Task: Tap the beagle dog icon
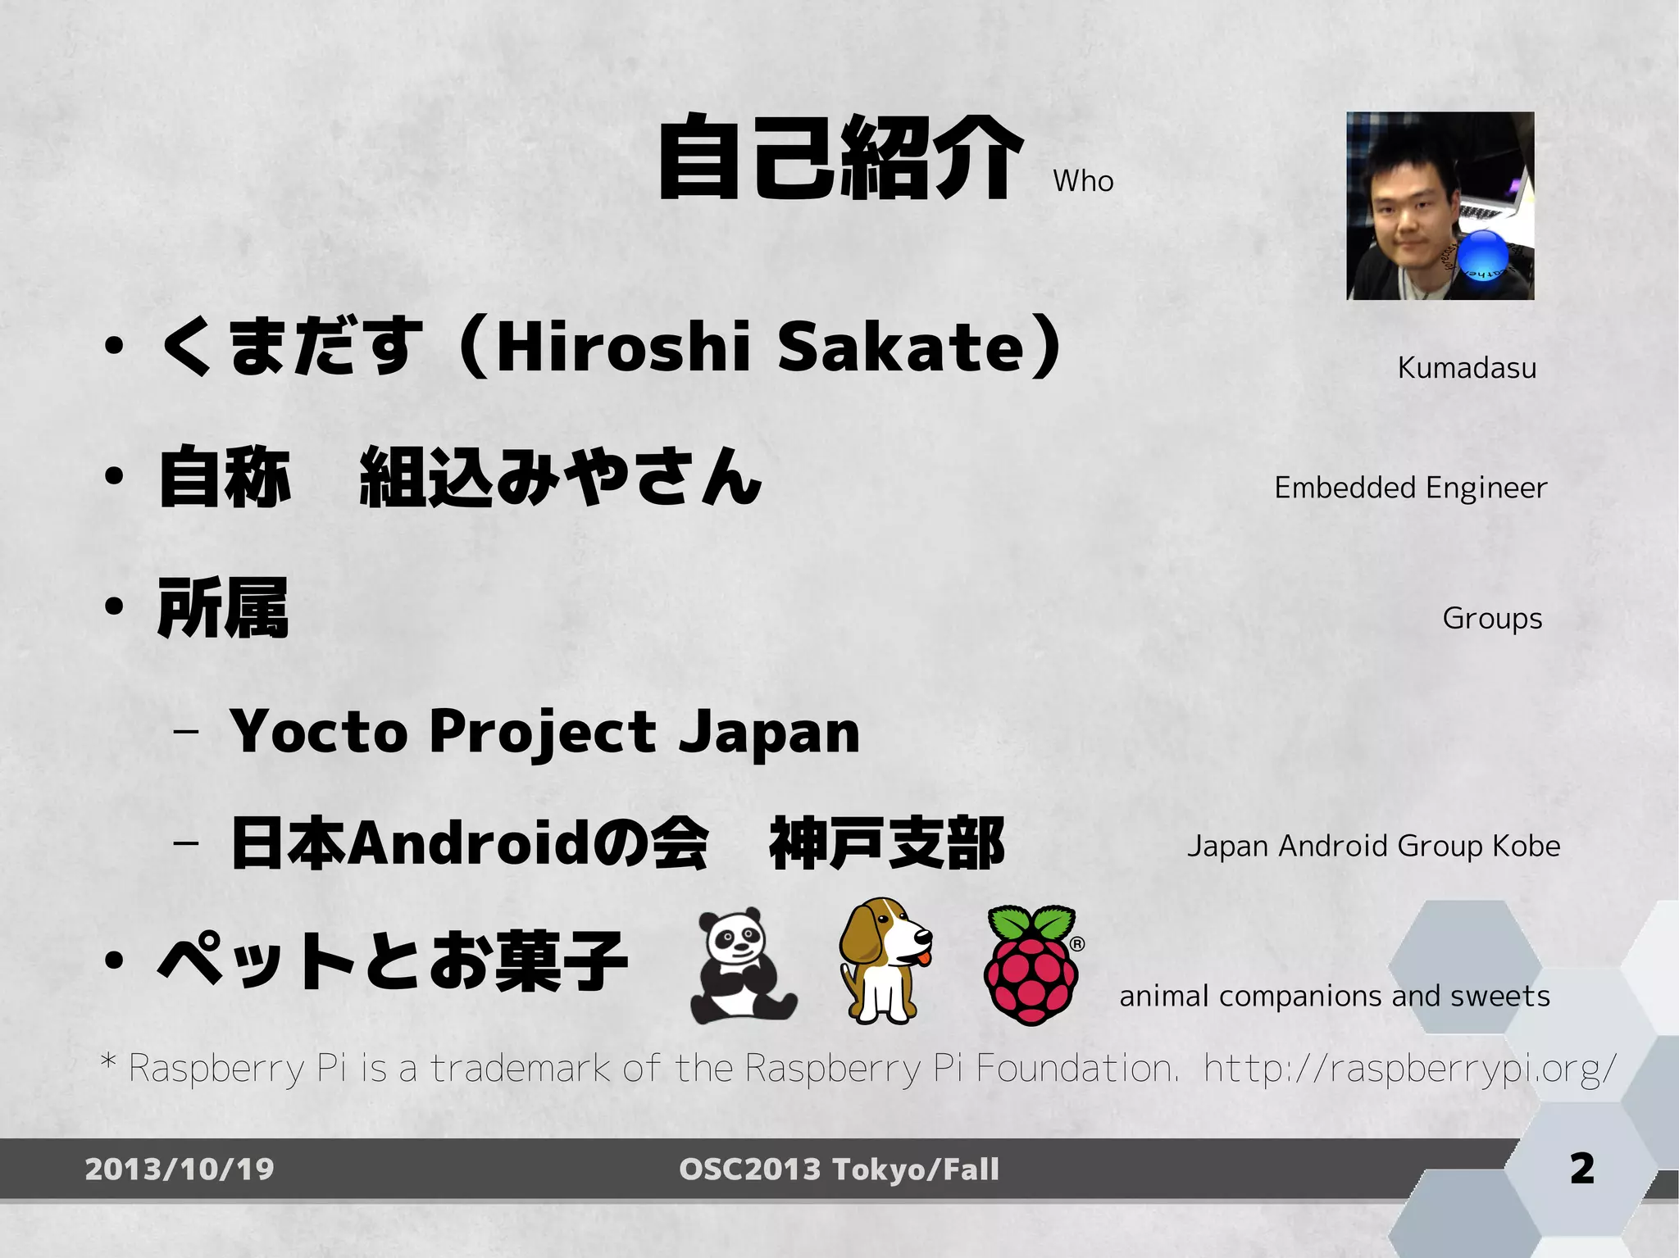click(x=884, y=960)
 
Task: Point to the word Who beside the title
click(x=1083, y=181)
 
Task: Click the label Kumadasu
click(x=1467, y=368)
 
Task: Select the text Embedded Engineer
click(x=1410, y=488)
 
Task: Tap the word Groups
click(x=1492, y=619)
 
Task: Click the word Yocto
click(x=319, y=731)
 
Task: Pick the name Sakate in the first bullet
click(x=900, y=347)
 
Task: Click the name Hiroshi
click(x=623, y=347)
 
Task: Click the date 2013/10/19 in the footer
click(x=180, y=1169)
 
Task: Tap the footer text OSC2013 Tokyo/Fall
click(x=839, y=1169)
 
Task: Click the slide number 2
click(x=1582, y=1168)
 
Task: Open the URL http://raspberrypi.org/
click(x=1410, y=1069)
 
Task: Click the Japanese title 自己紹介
click(x=840, y=157)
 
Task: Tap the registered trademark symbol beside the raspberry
click(x=1077, y=944)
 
